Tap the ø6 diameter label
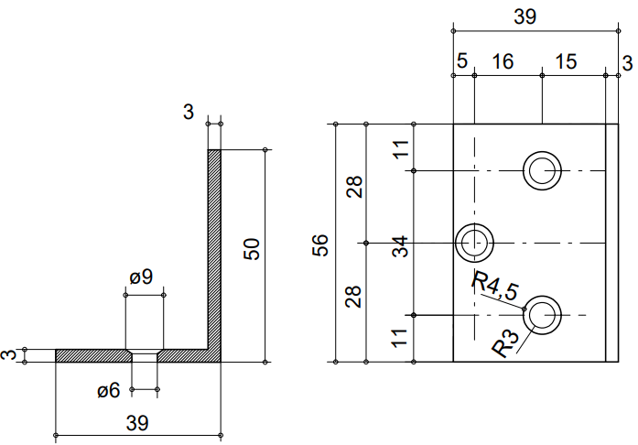[109, 391]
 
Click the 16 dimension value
[502, 61]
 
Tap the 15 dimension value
[566, 61]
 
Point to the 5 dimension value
[461, 61]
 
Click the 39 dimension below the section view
[136, 422]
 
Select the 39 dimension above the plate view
[525, 16]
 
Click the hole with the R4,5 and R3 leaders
[543, 314]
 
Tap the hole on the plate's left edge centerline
[475, 243]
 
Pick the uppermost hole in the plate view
[543, 170]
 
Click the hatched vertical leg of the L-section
[214, 247]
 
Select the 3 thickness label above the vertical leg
[189, 112]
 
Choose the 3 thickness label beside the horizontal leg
[8, 354]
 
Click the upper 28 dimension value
[354, 186]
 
